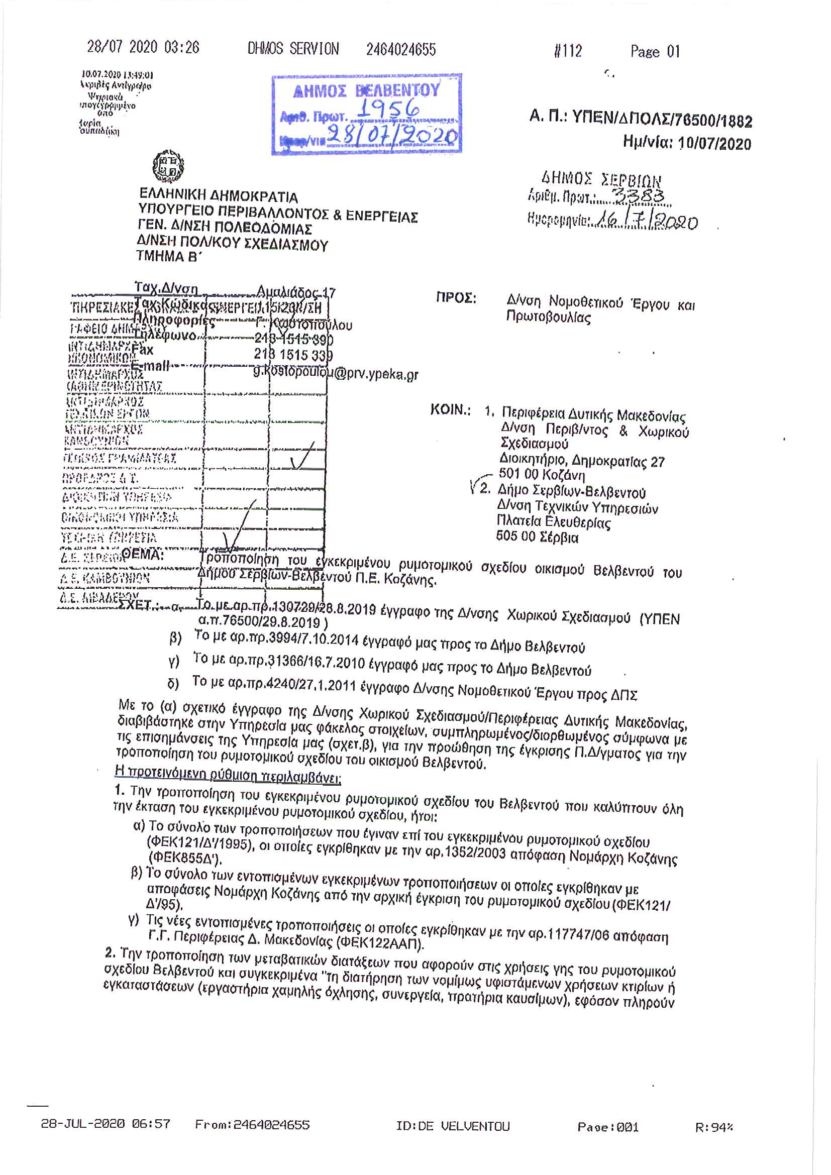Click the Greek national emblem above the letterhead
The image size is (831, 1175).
(168, 166)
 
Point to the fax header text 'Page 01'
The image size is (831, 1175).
(655, 52)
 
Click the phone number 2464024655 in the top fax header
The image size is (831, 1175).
(400, 50)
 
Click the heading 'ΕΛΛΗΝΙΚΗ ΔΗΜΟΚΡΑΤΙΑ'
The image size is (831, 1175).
(219, 196)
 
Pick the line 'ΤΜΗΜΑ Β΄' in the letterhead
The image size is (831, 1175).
(168, 256)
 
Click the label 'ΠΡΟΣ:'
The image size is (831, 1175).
(456, 298)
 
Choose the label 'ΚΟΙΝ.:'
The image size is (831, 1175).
(450, 410)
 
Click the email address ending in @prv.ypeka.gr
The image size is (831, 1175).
(336, 373)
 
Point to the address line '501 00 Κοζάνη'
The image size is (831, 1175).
(542, 475)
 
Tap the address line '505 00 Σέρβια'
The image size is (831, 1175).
(537, 538)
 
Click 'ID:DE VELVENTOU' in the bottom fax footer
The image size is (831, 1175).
(453, 1126)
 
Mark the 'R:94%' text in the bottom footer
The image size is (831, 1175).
(714, 1127)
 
